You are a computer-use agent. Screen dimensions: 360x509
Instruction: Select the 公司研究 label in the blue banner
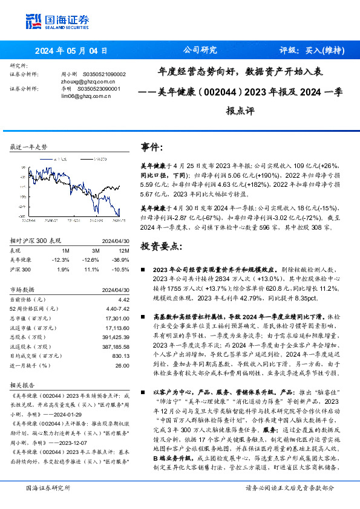click(200, 51)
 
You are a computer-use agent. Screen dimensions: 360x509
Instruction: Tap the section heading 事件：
click(151, 148)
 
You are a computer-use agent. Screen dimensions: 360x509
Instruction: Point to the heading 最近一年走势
click(29, 147)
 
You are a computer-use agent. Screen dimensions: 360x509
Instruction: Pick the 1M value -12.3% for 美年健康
click(62, 259)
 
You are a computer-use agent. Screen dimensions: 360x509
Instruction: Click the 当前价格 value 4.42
click(124, 299)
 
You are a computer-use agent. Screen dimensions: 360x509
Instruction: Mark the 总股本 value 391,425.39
click(116, 336)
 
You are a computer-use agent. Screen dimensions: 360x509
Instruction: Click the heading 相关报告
click(23, 384)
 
